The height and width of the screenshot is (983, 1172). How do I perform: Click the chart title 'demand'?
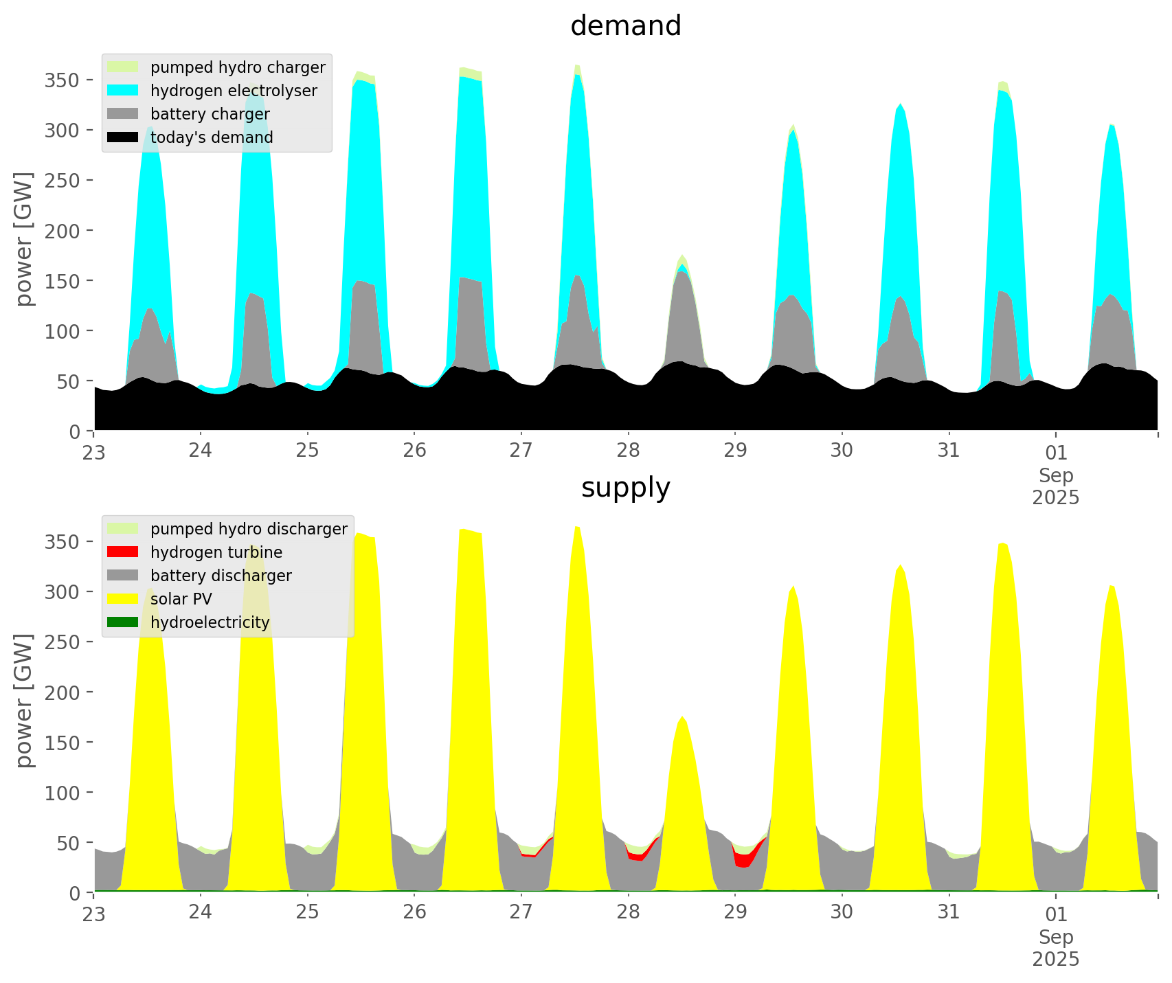click(x=625, y=26)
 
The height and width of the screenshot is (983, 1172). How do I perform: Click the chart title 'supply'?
click(x=625, y=488)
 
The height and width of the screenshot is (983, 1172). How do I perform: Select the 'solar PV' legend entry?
click(x=181, y=599)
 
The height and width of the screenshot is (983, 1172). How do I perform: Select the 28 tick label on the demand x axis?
click(x=628, y=451)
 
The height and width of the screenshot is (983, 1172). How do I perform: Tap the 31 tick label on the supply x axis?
click(x=949, y=913)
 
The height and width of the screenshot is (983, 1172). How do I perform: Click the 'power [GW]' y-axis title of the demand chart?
click(x=24, y=239)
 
